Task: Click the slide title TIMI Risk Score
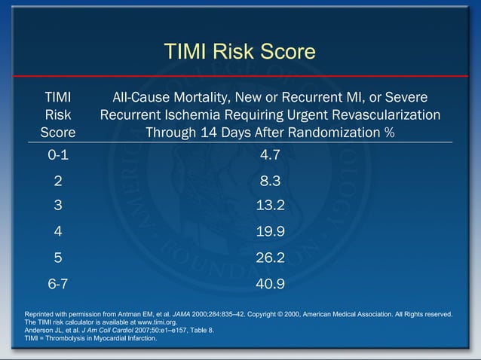point(240,51)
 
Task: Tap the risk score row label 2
point(58,181)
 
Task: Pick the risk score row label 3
point(58,206)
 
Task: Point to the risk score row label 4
point(58,231)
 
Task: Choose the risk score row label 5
point(58,258)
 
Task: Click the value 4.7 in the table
point(269,156)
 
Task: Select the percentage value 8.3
point(269,181)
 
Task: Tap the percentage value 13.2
point(269,206)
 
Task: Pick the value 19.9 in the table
point(269,231)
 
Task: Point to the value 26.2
point(269,258)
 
